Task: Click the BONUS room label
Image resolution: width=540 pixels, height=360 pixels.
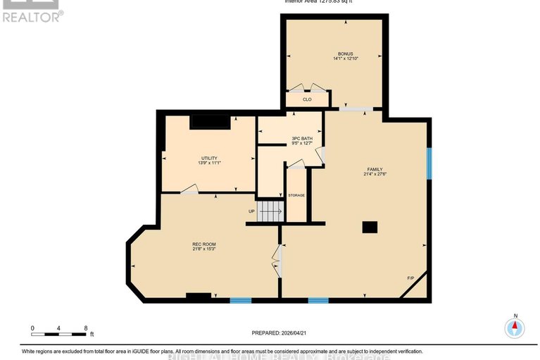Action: click(x=345, y=54)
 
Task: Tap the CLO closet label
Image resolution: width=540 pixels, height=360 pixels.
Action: click(x=307, y=99)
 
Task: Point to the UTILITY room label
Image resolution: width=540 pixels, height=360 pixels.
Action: click(x=209, y=158)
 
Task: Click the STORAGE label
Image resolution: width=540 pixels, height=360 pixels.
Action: click(x=296, y=195)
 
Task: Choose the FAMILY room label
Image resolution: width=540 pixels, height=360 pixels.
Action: click(x=375, y=169)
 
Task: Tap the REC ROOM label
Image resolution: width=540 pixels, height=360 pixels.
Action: click(x=203, y=244)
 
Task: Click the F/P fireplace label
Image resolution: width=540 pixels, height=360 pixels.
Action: click(x=410, y=279)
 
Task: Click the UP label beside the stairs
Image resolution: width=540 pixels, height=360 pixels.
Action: click(x=251, y=211)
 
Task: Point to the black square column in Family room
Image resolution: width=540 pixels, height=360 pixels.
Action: click(x=370, y=227)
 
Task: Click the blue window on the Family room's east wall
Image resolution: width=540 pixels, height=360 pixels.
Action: click(x=429, y=163)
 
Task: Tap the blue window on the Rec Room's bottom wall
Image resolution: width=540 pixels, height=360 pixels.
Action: click(x=241, y=301)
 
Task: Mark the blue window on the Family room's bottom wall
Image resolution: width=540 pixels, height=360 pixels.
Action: click(x=318, y=301)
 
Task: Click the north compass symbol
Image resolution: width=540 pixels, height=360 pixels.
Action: click(x=515, y=327)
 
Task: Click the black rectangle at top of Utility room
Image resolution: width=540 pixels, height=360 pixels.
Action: click(x=210, y=122)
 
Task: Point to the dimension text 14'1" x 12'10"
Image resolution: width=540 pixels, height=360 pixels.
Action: click(x=345, y=59)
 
